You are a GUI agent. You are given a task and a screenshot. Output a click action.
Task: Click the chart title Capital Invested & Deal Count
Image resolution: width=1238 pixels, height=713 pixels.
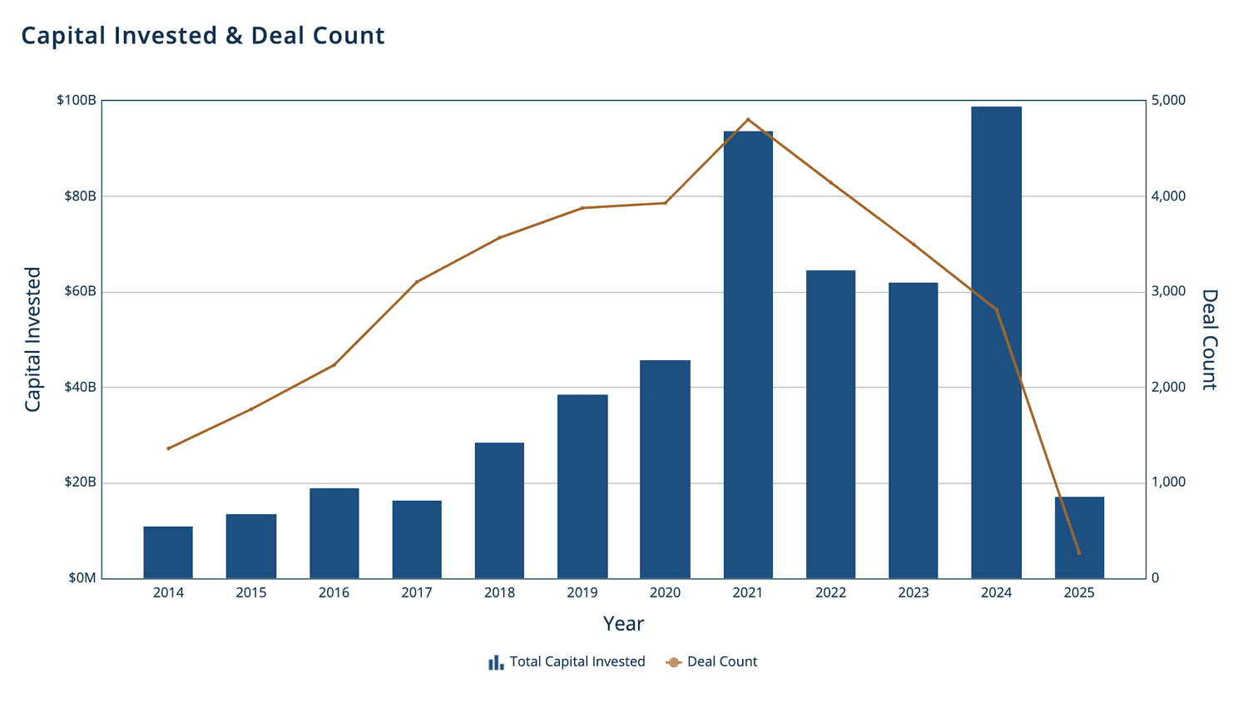202,36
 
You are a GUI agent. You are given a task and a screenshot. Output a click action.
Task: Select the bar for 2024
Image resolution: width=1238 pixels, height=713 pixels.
996,342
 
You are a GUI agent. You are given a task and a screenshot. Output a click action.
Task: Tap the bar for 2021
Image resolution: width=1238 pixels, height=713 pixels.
748,354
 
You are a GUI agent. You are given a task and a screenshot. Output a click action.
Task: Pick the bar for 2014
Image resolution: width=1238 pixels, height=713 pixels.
168,552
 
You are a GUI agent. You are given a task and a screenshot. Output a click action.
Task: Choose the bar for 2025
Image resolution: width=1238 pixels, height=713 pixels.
1079,537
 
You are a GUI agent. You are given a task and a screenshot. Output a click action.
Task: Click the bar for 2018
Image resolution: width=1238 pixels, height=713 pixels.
499,510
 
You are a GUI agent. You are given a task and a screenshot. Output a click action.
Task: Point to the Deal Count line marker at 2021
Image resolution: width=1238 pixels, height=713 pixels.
748,120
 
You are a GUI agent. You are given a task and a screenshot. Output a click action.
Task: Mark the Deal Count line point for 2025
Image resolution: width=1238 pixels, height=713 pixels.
1079,553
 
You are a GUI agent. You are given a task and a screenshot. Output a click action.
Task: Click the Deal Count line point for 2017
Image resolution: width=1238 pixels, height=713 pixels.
417,282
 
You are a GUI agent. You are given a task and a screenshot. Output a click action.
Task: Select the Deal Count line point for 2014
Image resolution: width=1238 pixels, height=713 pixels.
168,448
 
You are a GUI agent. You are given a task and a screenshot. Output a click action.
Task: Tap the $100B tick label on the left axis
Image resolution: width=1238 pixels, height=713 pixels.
77,101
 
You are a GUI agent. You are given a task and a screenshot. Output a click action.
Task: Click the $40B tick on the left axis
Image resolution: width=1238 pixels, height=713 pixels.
80,388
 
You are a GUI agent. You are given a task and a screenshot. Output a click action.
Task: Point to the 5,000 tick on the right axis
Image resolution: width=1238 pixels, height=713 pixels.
1168,101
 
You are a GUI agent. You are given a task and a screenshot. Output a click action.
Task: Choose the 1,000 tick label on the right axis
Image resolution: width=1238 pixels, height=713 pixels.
1168,483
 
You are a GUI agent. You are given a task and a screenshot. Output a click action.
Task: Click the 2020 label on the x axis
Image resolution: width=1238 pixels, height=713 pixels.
665,593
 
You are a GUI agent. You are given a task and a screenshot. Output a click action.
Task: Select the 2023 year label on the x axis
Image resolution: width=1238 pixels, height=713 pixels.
913,593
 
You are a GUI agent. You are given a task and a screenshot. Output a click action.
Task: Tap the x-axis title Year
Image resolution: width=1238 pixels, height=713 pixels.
623,624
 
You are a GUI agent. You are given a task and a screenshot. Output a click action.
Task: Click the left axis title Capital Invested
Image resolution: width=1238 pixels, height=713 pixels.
32,339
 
